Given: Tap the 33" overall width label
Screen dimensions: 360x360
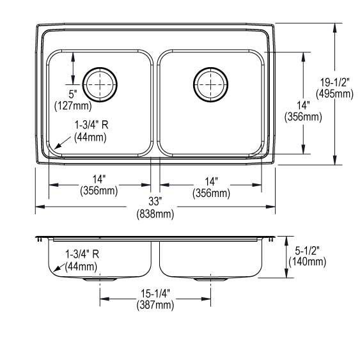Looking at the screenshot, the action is coord(155,201).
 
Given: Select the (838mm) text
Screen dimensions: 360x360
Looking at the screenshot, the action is coord(155,214).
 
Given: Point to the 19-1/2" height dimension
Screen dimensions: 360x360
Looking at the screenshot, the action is coord(335,82).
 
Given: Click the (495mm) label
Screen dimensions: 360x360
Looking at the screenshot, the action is coord(335,94).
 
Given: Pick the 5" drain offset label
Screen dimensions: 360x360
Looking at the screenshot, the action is coord(73,94).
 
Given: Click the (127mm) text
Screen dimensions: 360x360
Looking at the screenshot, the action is coord(73,106).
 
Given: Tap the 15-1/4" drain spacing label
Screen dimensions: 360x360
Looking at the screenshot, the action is coord(155,293).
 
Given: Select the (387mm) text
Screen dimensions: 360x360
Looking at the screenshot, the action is coord(155,305).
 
